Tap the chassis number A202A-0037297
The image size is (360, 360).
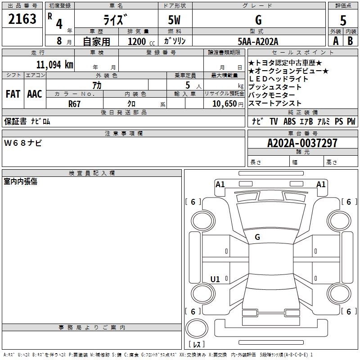(302, 143)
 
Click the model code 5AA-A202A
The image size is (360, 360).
(258, 41)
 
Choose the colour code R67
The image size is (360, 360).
(75, 103)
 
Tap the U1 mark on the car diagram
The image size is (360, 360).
(215, 279)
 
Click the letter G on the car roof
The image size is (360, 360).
(257, 237)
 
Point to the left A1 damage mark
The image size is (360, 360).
(220, 184)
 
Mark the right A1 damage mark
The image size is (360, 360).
(321, 184)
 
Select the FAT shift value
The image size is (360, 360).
(13, 94)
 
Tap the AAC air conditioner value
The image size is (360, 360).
(34, 94)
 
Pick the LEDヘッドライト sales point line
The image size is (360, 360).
(279, 79)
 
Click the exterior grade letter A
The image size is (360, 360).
(335, 41)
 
